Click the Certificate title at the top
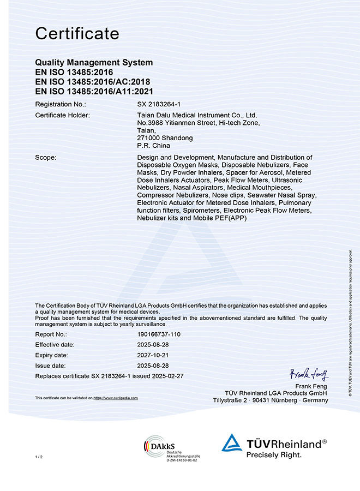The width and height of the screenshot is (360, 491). (77, 34)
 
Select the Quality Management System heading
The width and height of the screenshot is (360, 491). (94, 63)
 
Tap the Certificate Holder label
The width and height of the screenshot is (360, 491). (62, 115)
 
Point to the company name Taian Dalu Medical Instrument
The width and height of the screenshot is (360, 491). (197, 115)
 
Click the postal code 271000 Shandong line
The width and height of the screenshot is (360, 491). (165, 138)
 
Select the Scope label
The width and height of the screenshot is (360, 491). (46, 157)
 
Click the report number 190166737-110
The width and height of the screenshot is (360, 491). (159, 333)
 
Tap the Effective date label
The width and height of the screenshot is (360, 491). (55, 345)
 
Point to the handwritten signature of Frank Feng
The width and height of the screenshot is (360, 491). (309, 375)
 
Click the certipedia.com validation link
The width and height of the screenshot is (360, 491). (116, 398)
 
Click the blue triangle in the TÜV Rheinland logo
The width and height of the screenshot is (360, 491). (231, 442)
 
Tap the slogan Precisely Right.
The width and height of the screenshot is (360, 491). (274, 454)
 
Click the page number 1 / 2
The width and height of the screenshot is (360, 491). (38, 456)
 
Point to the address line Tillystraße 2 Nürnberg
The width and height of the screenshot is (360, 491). (271, 400)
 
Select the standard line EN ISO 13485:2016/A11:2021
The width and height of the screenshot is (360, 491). (94, 91)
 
